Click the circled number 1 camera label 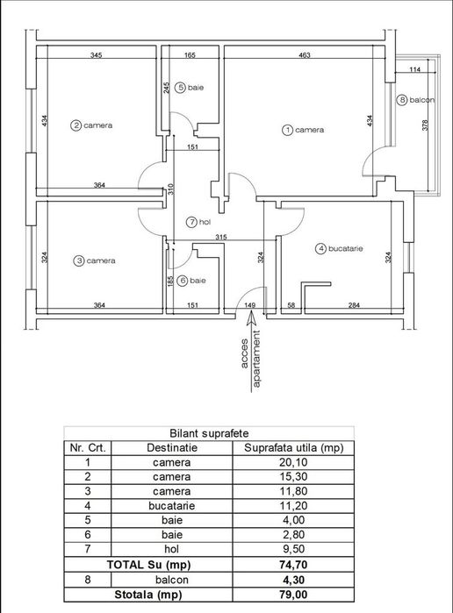pyautogui.click(x=303, y=130)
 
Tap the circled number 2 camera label pyautogui.click(x=92, y=125)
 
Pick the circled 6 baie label pyautogui.click(x=190, y=281)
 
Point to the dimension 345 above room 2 pyautogui.click(x=97, y=55)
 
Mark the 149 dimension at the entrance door pyautogui.click(x=249, y=305)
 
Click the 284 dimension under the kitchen pyautogui.click(x=353, y=305)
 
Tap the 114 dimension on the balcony pyautogui.click(x=414, y=69)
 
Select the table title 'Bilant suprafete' pyautogui.click(x=208, y=433)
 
